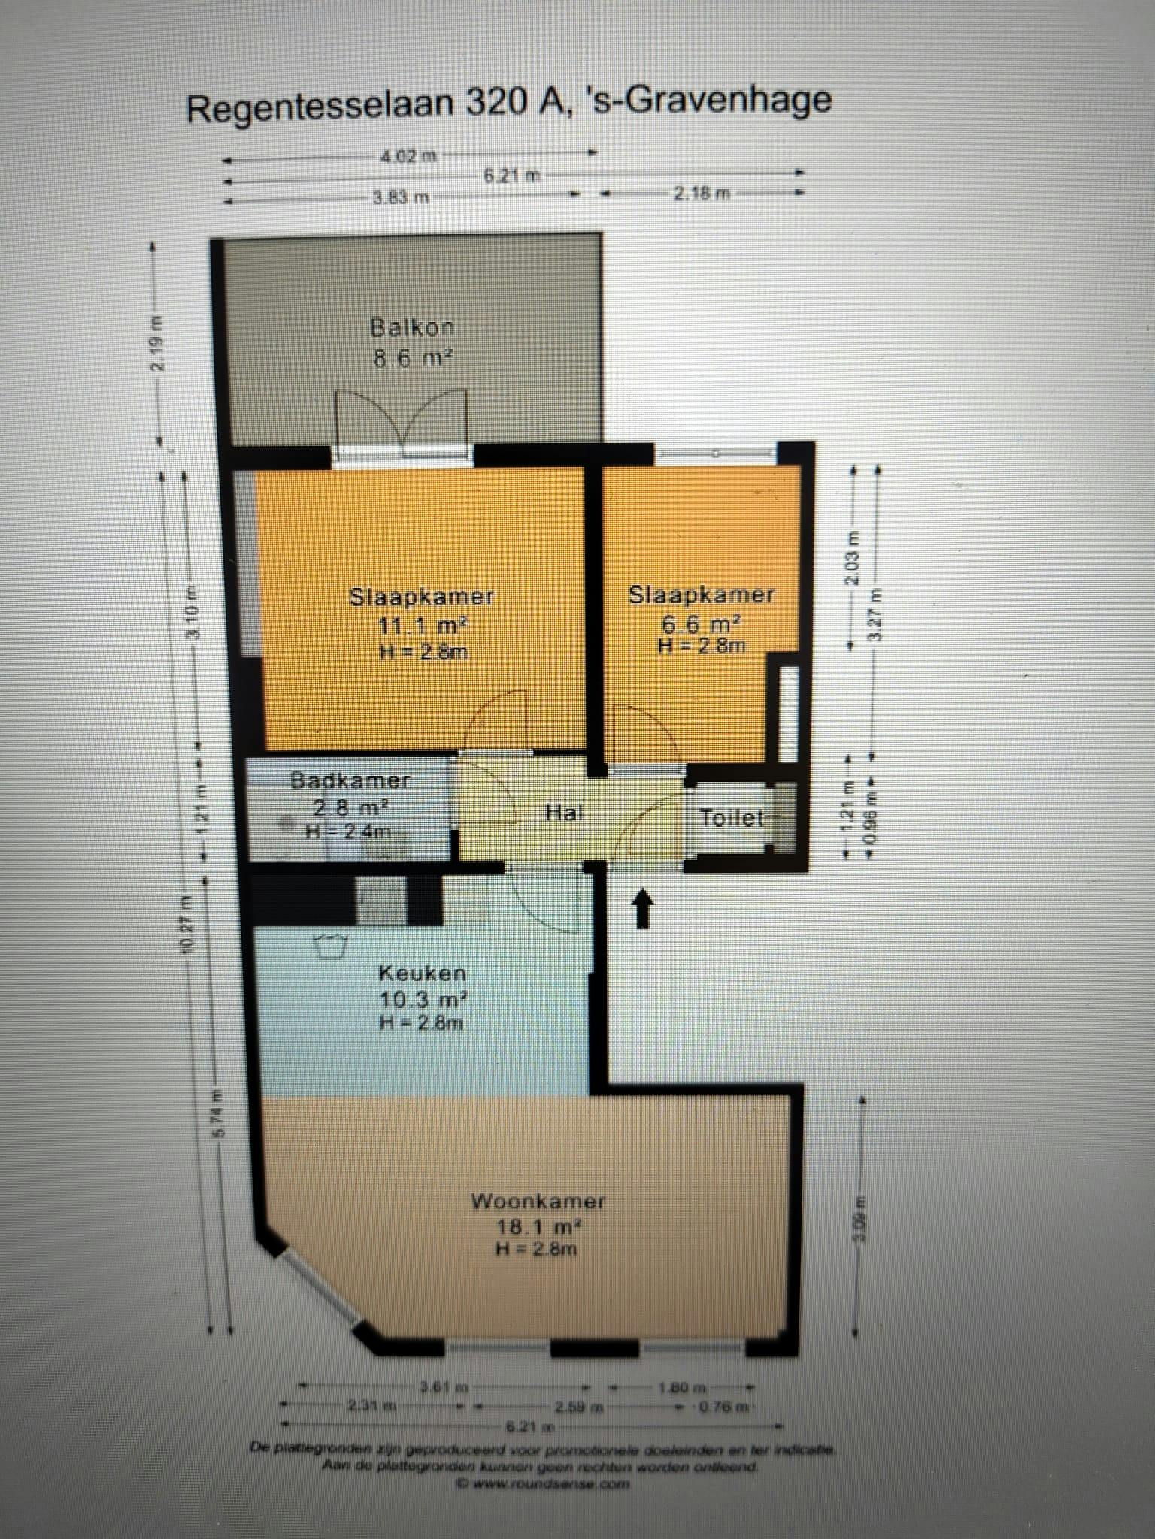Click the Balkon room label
pos(412,328)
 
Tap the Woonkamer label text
pos(538,1201)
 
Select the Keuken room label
pos(422,973)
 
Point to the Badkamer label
pos(350,779)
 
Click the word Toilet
pos(732,818)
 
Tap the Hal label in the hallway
pos(564,812)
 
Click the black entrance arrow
pos(641,909)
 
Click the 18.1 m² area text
pos(538,1227)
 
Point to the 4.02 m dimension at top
pos(408,156)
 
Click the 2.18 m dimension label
pos(701,193)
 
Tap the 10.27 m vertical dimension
pos(186,925)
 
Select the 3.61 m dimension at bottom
pos(444,1386)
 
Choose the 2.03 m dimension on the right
pos(852,558)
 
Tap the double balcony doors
pos(403,422)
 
